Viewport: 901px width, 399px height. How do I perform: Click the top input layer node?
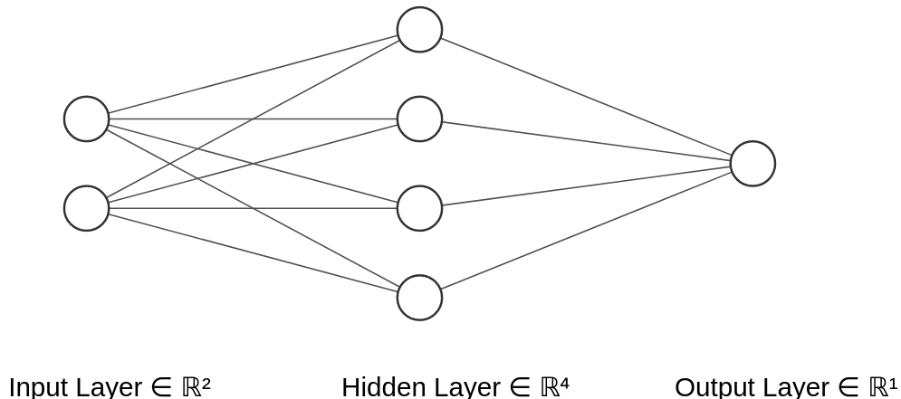[86, 119]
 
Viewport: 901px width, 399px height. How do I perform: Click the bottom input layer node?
[86, 208]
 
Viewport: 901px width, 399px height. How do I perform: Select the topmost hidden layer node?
[419, 30]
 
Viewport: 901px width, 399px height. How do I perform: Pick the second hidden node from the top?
[419, 119]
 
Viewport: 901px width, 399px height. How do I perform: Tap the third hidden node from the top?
[419, 208]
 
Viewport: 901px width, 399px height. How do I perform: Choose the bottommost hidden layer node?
[419, 298]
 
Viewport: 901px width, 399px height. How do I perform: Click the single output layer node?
[752, 164]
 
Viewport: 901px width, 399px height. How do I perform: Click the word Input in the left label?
[37, 386]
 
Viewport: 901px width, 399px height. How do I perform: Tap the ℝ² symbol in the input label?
[196, 386]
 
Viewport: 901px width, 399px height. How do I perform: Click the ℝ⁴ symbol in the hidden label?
[554, 386]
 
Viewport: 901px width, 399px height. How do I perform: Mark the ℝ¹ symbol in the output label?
[882, 386]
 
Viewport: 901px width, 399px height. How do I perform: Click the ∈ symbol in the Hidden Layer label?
[519, 386]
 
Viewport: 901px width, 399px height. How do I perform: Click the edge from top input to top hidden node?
[254, 74]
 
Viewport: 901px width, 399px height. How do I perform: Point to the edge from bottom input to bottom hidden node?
[254, 253]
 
